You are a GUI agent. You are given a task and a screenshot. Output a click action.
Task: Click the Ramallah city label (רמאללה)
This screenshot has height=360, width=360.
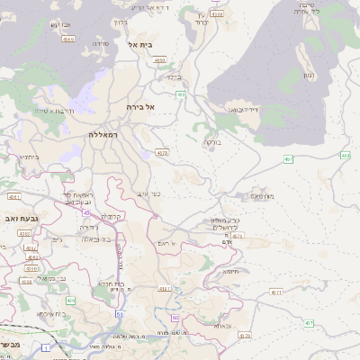point(104,134)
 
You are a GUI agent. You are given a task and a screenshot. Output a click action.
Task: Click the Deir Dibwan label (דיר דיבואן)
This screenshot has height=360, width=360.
point(243,110)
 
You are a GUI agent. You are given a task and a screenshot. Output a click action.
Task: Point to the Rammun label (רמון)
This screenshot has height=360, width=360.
point(309,75)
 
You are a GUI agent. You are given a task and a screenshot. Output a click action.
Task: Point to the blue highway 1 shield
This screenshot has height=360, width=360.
point(45,346)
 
